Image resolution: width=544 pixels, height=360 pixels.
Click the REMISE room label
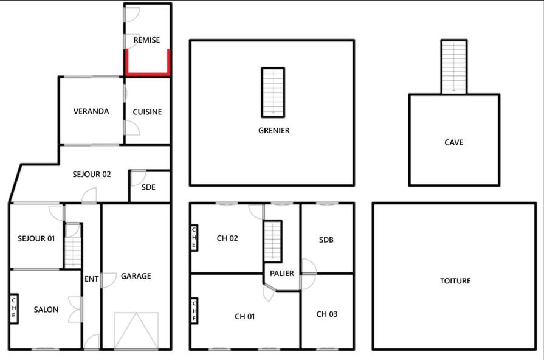pos(146,40)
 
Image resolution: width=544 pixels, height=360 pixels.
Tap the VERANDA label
pos(91,111)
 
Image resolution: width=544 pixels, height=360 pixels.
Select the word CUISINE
pos(147,112)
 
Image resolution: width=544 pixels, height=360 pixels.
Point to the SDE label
pos(148,187)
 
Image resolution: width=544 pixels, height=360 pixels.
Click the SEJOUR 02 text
pos(92,175)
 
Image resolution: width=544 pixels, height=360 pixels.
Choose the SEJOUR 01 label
pos(36,238)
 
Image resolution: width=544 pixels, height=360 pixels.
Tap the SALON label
pos(46,310)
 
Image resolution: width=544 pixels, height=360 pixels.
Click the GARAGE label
pos(136,276)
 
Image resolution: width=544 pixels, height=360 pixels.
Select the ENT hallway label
pos(91,279)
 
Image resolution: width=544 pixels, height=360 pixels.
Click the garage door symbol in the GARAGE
pos(136,330)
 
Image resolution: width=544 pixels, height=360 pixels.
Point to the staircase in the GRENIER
pos(273,92)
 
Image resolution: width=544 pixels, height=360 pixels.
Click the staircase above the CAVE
pos(454,67)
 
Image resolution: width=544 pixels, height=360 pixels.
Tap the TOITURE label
pos(455,281)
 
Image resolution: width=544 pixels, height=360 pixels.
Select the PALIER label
pos(281,274)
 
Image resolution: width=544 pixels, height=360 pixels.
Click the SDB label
pos(326,240)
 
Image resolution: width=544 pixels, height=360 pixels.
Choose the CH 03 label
pos(326,314)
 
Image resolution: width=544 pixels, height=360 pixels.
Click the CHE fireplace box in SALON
pos(14,309)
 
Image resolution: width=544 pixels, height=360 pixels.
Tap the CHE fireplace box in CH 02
pos(195,237)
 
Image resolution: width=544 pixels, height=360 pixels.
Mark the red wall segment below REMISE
pos(148,73)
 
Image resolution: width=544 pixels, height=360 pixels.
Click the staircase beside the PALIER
pos(273,241)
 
